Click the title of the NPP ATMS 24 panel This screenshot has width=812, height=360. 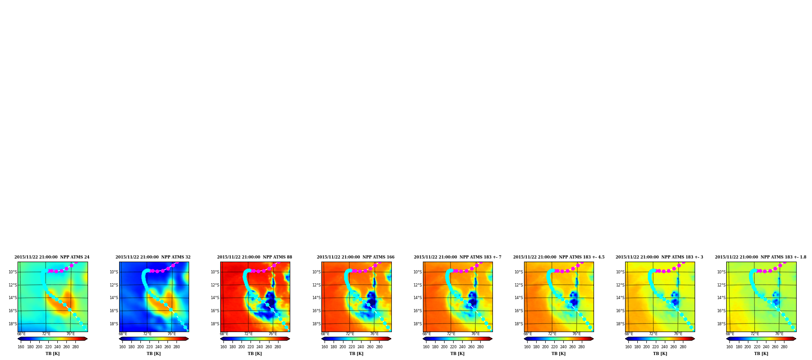coord(52,257)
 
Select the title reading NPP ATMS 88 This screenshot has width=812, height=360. coord(255,257)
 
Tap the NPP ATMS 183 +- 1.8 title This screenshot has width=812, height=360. coord(761,257)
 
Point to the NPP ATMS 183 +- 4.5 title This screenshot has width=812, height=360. coord(559,257)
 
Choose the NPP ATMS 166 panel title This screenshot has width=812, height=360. coord(356,257)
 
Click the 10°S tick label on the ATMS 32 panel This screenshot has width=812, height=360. coord(114,272)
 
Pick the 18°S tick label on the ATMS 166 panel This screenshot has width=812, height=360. coord(316,324)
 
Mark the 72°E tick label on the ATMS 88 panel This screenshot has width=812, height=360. coord(249,334)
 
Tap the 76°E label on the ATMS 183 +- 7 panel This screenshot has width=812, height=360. coord(476,334)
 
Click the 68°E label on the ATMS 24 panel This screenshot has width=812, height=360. coord(21,334)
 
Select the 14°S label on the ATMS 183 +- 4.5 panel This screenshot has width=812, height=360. coord(519,298)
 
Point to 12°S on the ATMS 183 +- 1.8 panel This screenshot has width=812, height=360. coord(721,285)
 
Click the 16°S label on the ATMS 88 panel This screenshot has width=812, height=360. coord(215,311)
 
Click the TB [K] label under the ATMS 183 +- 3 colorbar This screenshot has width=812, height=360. coord(660,354)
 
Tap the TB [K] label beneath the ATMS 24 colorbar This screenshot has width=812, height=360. coord(52,354)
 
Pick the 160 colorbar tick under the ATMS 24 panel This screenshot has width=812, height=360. coord(21,347)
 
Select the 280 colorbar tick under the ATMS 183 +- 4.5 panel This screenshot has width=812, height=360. coord(581,347)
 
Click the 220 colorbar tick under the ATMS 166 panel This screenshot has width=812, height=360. coord(352,347)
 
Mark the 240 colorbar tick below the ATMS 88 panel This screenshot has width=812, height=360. coord(260,347)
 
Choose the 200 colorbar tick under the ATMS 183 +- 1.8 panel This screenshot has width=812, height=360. coord(747,347)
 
